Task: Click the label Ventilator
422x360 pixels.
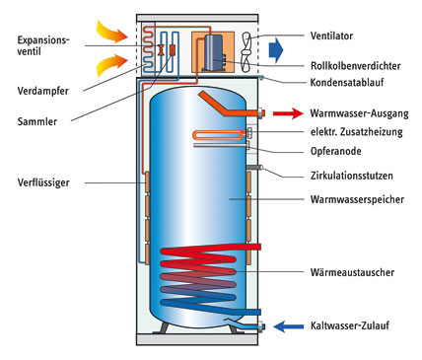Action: coord(331,36)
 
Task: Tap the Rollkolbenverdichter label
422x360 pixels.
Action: coord(356,66)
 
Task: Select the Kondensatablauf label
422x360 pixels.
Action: coord(347,82)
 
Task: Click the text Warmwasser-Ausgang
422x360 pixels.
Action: coord(360,113)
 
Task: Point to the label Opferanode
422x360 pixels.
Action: coord(336,151)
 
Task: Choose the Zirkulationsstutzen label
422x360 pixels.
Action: coord(352,176)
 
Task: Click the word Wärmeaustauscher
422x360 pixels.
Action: coord(352,272)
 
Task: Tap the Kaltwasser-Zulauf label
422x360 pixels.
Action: coord(350,325)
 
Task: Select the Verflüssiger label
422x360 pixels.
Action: coord(43,182)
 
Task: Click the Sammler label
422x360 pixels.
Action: coord(37,121)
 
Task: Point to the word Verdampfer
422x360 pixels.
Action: coord(43,91)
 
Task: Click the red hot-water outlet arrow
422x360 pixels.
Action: coord(288,113)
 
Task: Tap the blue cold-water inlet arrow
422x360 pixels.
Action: coord(288,326)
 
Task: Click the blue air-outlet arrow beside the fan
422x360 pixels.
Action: coord(276,50)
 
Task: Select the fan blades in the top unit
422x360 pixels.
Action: coord(246,52)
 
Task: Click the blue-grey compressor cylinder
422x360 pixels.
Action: coord(213,52)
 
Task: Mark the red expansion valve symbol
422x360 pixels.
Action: coord(161,50)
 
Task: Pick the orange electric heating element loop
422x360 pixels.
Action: coord(219,134)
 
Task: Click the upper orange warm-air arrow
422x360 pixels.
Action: coord(111,32)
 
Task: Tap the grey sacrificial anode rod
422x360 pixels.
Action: coord(221,145)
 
